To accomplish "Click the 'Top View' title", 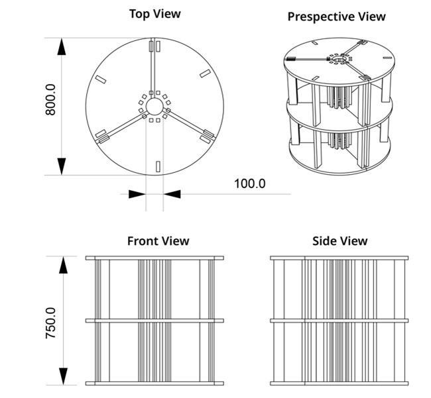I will tap(154, 13).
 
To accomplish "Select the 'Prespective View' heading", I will tap(336, 17).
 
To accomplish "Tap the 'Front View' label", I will tap(158, 241).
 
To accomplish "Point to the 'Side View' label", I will tap(339, 241).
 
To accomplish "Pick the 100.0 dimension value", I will tap(249, 183).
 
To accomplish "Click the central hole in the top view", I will tap(154, 106).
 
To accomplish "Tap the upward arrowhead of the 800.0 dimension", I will tap(62, 48).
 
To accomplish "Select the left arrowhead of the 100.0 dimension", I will tap(137, 193).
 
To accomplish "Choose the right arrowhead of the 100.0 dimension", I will tap(171, 193).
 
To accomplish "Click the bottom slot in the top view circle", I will tap(157, 166).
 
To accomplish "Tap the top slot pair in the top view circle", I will tap(154, 46).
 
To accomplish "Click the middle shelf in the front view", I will tap(154, 321).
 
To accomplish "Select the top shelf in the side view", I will tap(339, 258).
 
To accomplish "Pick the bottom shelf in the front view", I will tap(154, 383).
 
